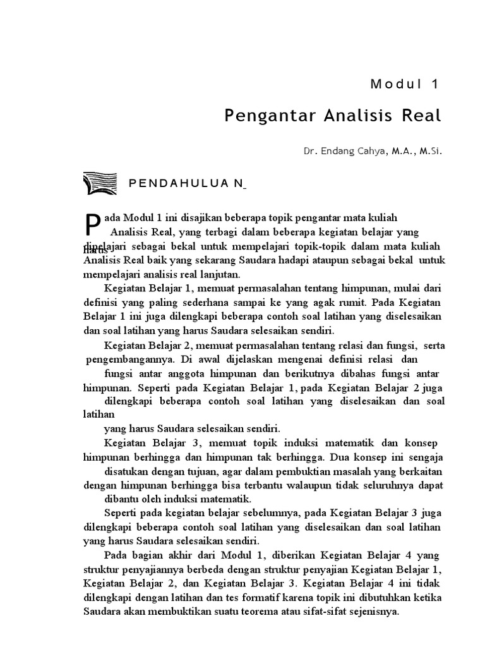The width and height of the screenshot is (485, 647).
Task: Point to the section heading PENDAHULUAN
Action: [187, 184]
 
